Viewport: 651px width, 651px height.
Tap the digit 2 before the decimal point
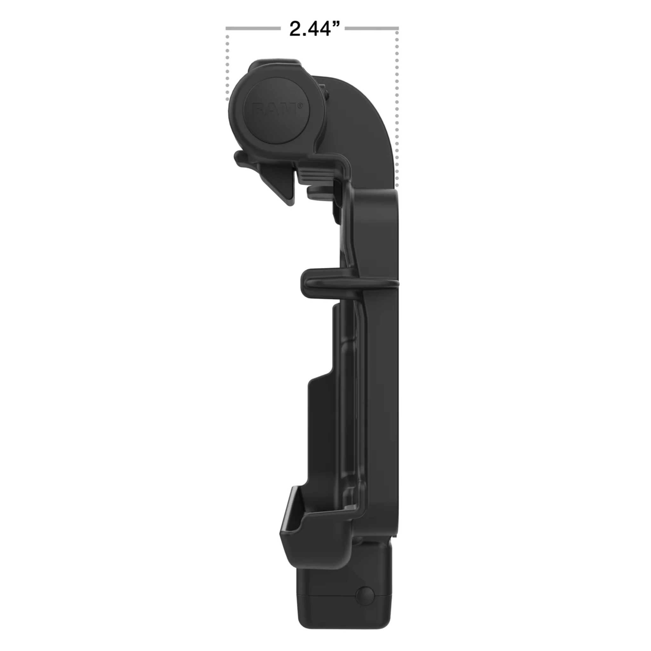pyautogui.click(x=296, y=29)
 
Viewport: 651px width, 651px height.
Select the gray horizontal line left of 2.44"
pyautogui.click(x=253, y=28)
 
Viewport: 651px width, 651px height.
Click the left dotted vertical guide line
pyautogui.click(x=228, y=67)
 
